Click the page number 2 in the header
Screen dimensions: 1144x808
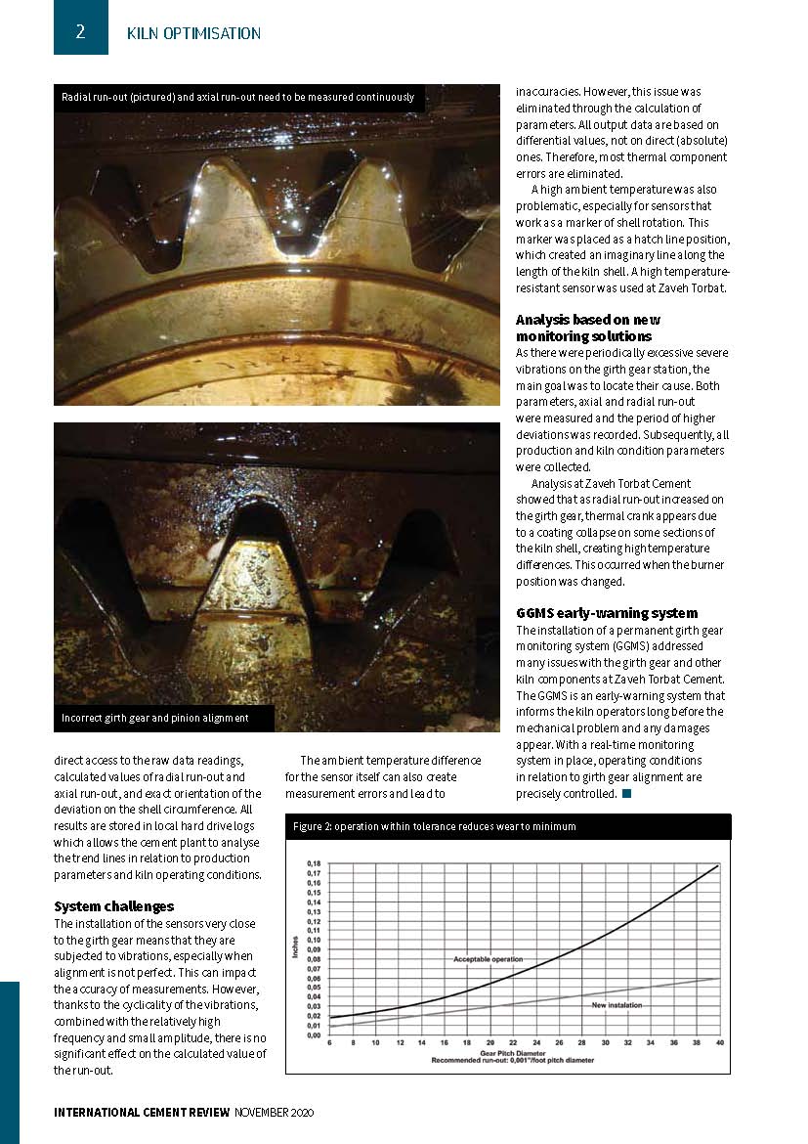80,31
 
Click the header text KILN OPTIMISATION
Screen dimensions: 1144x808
193,33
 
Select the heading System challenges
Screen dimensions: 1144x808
114,906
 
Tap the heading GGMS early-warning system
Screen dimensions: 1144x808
607,613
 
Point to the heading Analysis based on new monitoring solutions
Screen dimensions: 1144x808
588,328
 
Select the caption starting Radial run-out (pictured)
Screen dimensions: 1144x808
237,98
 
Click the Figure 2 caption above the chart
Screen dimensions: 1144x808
435,826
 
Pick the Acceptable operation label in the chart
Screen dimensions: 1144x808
488,960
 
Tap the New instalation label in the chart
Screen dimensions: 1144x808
617,1005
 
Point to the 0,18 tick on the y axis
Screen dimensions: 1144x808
314,864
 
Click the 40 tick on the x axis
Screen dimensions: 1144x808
719,1042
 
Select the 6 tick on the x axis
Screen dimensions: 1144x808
330,1042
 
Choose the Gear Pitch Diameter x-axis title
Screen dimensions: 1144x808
524,1052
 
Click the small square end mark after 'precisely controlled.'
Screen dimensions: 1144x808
626,793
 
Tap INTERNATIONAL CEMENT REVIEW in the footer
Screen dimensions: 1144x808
142,1113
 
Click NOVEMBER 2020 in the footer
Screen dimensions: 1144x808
275,1113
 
